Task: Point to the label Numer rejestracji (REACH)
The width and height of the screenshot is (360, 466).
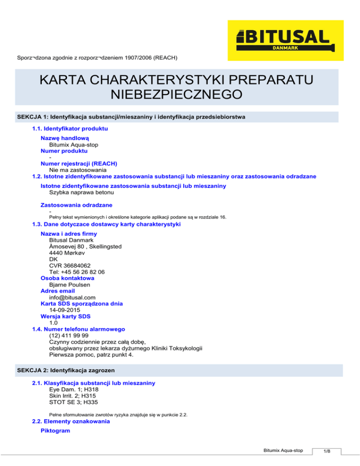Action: [x=79, y=164]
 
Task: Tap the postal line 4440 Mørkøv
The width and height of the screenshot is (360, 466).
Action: [x=70, y=252]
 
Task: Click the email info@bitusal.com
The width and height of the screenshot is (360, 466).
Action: [x=72, y=297]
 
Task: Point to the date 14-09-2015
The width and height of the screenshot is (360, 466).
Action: [x=64, y=310]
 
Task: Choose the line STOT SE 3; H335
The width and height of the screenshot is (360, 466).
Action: [x=74, y=402]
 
